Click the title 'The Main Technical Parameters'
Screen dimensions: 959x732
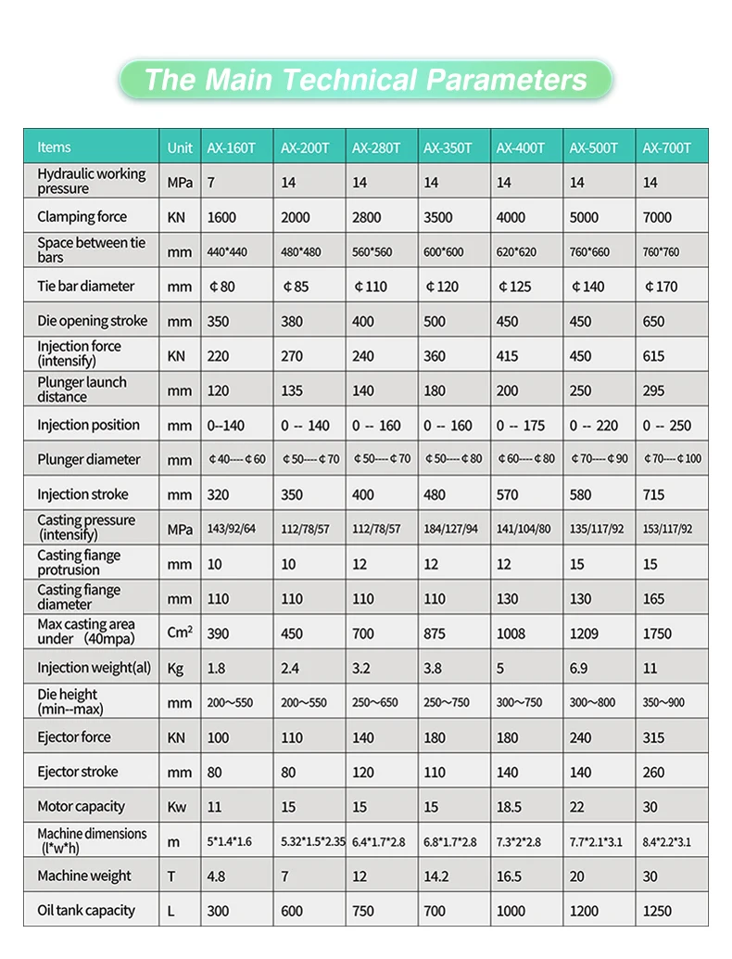pyautogui.click(x=365, y=80)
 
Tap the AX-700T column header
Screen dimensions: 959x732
pyautogui.click(x=666, y=147)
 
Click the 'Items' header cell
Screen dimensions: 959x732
pyautogui.click(x=54, y=147)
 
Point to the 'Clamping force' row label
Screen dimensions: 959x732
pyautogui.click(x=82, y=217)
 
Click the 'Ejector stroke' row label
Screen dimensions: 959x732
pyautogui.click(x=79, y=772)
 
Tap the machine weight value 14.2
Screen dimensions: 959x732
pyautogui.click(x=435, y=876)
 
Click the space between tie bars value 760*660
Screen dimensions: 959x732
pyautogui.click(x=589, y=252)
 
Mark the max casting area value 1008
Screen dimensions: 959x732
pyautogui.click(x=511, y=633)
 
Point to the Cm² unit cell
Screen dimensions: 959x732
pyautogui.click(x=180, y=633)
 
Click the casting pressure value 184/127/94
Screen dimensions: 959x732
pyautogui.click(x=452, y=530)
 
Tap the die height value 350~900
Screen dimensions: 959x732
pyautogui.click(x=663, y=703)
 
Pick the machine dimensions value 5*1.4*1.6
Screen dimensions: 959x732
pyautogui.click(x=229, y=842)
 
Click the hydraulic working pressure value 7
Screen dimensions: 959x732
pyautogui.click(x=211, y=183)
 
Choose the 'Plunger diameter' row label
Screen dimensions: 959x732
pyautogui.click(x=89, y=460)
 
